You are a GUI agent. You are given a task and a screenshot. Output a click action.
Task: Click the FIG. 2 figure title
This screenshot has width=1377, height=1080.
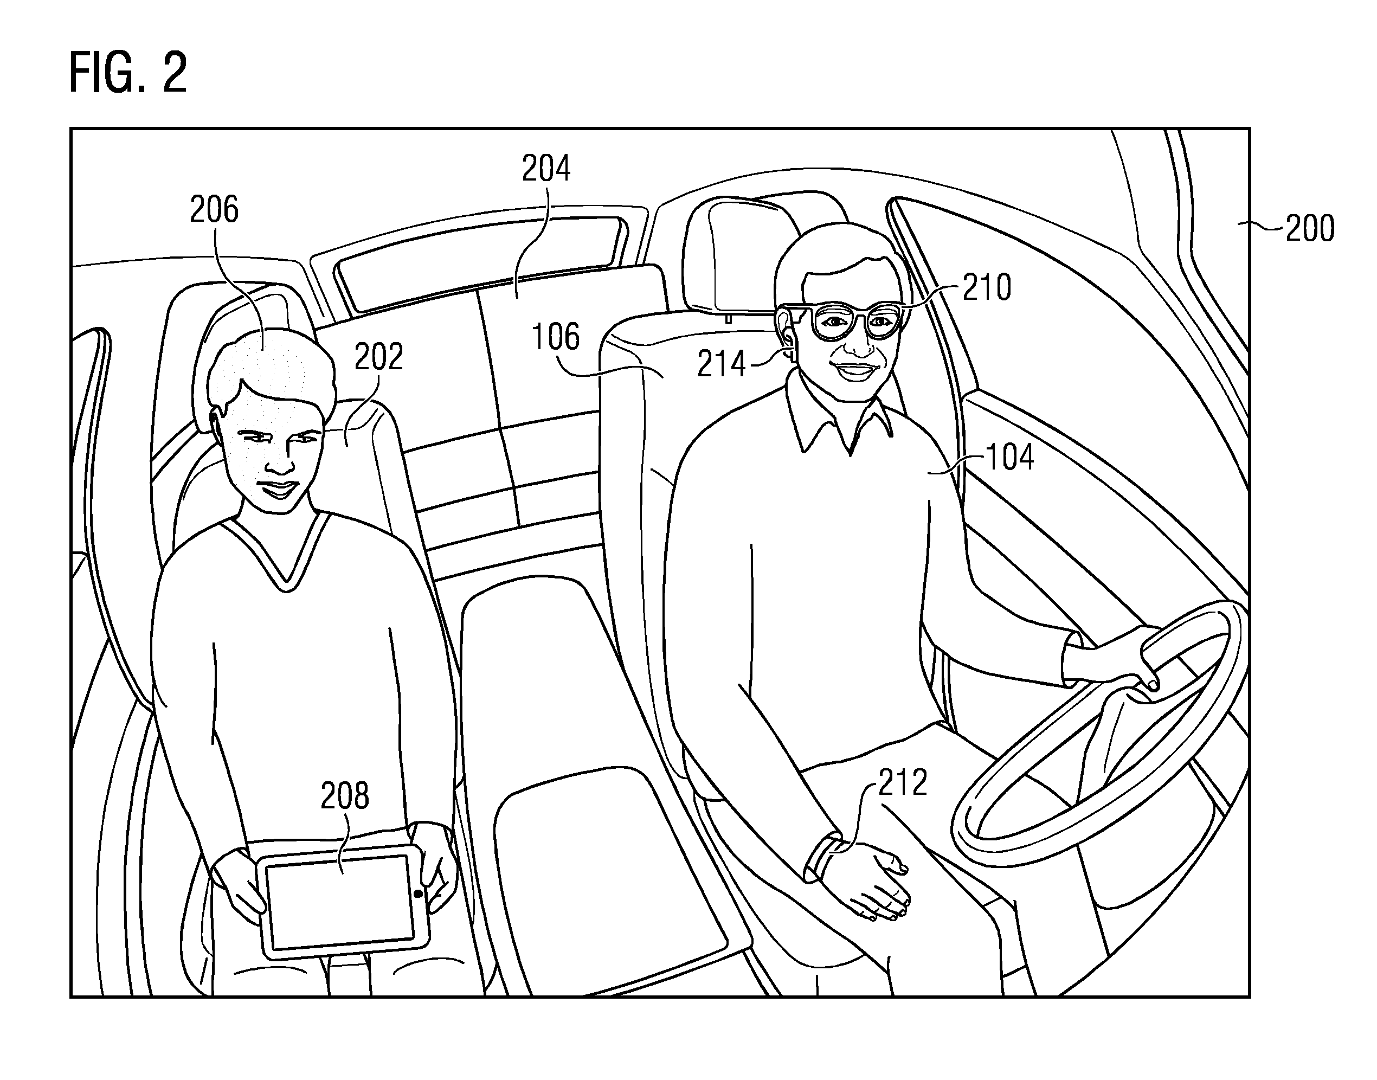[128, 73]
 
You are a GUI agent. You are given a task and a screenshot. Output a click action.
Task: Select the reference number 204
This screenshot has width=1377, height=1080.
[546, 169]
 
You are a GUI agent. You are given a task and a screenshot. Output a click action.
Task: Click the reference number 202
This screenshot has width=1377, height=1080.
[379, 357]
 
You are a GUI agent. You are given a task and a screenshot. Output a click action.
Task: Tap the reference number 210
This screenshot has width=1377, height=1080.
[987, 288]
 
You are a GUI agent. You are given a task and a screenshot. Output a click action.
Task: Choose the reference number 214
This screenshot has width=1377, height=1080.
[722, 365]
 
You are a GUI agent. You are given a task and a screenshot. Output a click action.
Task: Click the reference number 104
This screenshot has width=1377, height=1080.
[1009, 457]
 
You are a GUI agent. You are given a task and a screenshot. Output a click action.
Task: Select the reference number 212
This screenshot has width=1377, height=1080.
[903, 782]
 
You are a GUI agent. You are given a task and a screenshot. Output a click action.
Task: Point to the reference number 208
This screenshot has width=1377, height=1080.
[345, 795]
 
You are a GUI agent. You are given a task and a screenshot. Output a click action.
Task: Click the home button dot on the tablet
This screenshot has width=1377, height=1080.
[418, 893]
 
